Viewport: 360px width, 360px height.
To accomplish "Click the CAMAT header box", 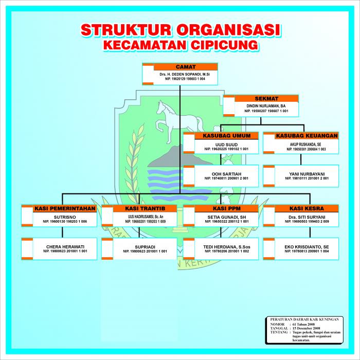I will click(x=185, y=67).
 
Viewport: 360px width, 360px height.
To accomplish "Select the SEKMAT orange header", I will click(x=266, y=98).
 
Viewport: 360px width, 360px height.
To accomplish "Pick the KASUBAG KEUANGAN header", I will click(x=307, y=136).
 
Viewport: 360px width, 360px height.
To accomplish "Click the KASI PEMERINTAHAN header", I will click(x=65, y=209).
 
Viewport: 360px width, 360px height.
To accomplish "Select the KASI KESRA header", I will click(x=307, y=209).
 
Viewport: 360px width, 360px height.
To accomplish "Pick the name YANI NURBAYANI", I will click(x=307, y=173).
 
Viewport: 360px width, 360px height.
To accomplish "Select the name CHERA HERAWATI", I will click(x=65, y=247).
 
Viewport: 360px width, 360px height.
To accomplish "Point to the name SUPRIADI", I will click(x=145, y=247).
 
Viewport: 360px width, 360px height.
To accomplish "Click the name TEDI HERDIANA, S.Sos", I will click(x=226, y=247).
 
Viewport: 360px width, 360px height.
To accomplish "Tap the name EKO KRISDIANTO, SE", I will click(x=307, y=247).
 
